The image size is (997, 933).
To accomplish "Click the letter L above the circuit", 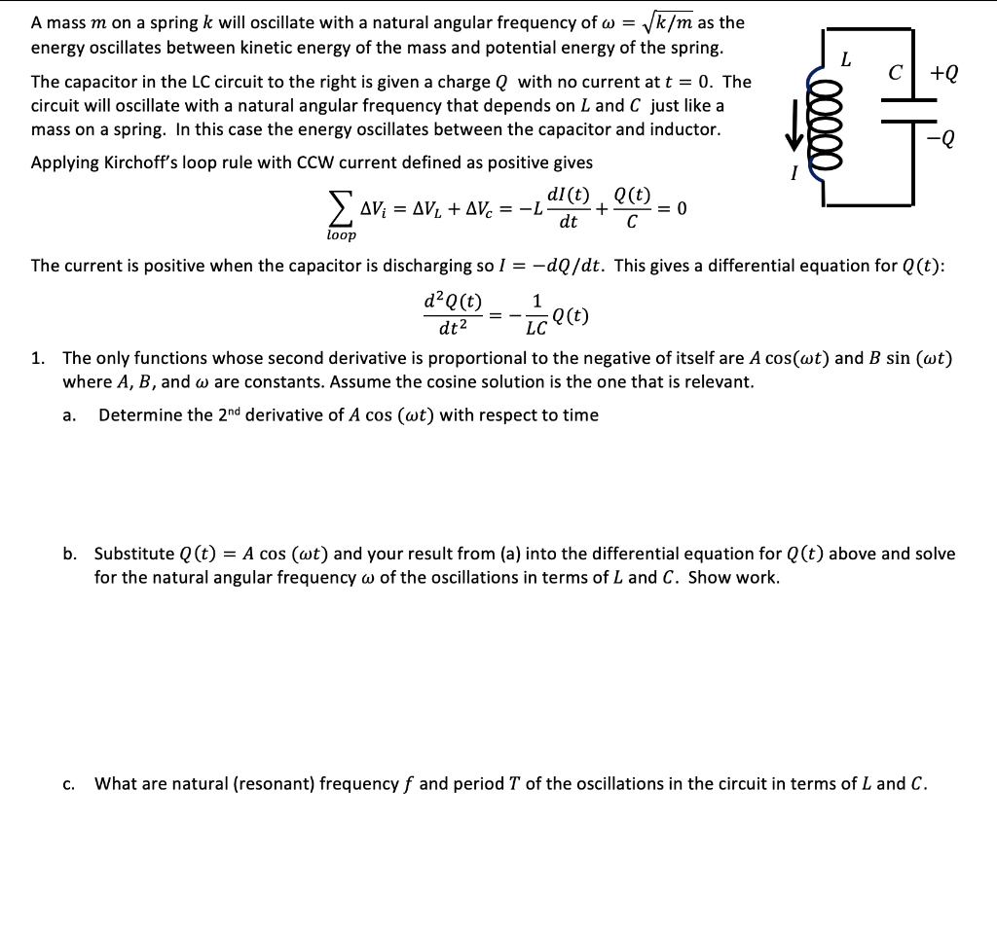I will click(x=846, y=59).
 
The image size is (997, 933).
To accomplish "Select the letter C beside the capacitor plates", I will click(x=906, y=74).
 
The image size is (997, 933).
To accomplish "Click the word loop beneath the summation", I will click(x=342, y=234).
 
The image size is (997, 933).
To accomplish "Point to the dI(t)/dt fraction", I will click(x=569, y=207).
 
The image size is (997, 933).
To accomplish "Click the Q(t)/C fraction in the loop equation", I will click(x=633, y=207).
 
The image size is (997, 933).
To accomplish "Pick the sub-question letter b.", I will click(x=68, y=554).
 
